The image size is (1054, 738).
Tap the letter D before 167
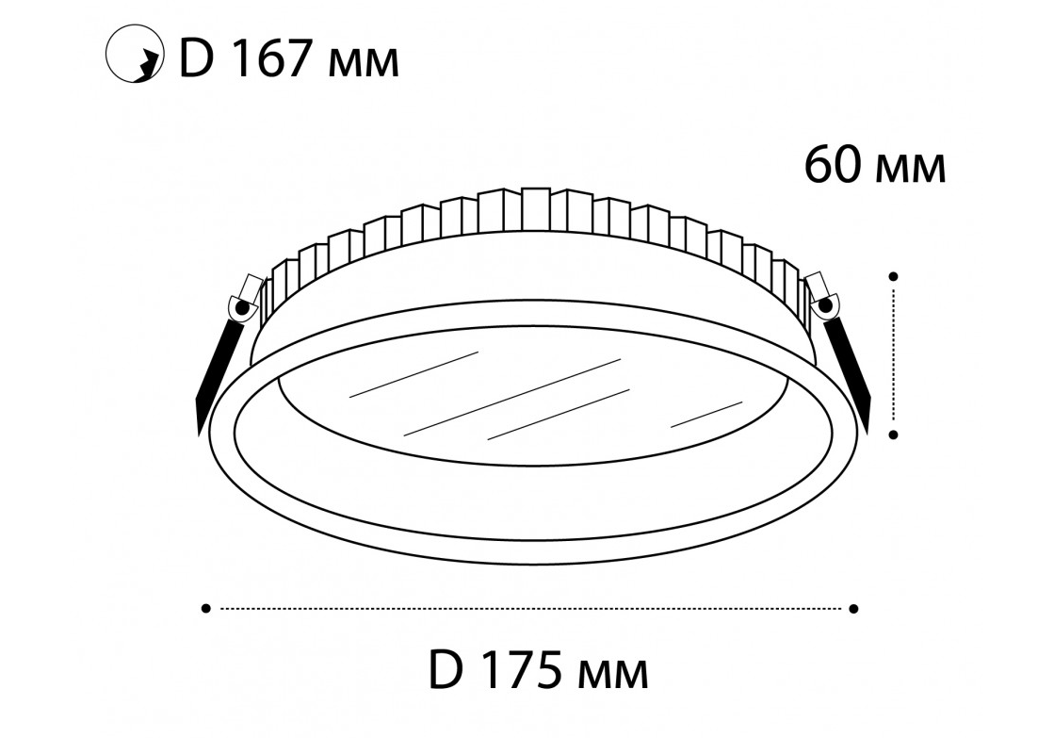tap(196, 61)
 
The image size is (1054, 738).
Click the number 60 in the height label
tap(833, 165)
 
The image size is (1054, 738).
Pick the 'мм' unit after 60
tap(912, 171)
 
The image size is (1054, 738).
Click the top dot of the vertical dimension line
tap(893, 276)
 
